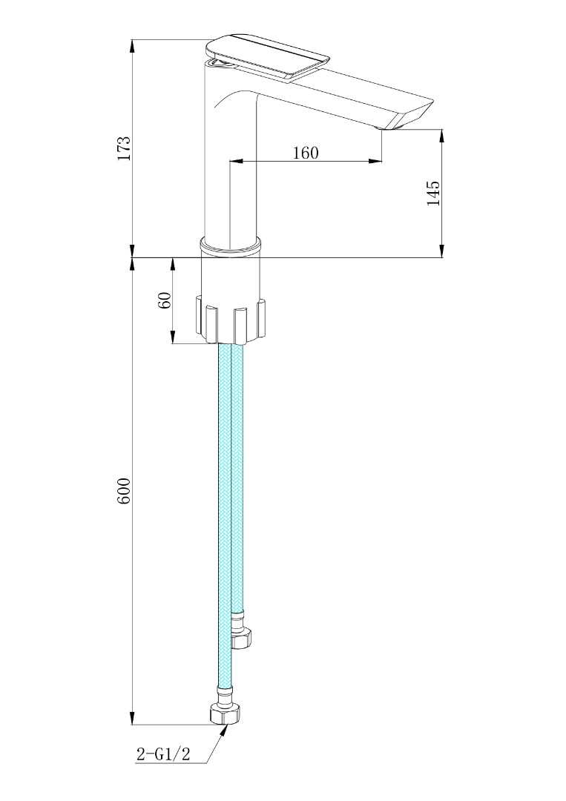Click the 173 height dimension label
[x=124, y=148]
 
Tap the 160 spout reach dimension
[x=305, y=153]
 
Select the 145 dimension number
[x=434, y=193]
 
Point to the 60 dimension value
[x=165, y=300]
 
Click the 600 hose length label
[x=124, y=491]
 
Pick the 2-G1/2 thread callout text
[x=164, y=754]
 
